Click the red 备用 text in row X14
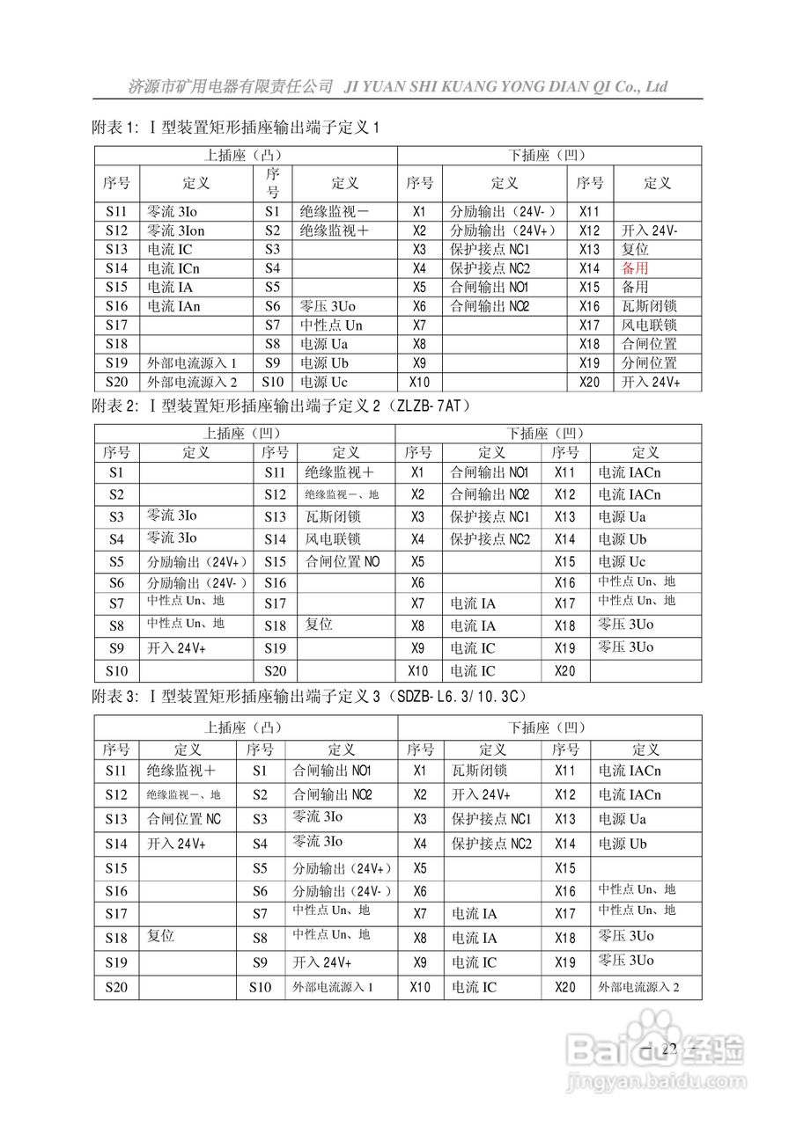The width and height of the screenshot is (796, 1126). pos(635,268)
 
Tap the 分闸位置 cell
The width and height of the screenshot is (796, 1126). pos(649,362)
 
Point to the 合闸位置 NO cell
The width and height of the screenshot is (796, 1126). pos(343,560)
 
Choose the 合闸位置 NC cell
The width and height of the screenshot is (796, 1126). pos(184,819)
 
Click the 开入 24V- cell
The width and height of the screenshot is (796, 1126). pos(649,230)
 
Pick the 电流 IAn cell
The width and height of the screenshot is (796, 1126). pos(173,306)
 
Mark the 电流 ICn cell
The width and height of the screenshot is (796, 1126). pos(173,268)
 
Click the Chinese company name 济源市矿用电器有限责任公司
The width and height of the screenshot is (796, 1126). pos(230,86)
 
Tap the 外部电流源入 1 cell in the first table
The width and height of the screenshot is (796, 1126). pos(191,362)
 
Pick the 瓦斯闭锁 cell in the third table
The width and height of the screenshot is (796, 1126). pos(479,771)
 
